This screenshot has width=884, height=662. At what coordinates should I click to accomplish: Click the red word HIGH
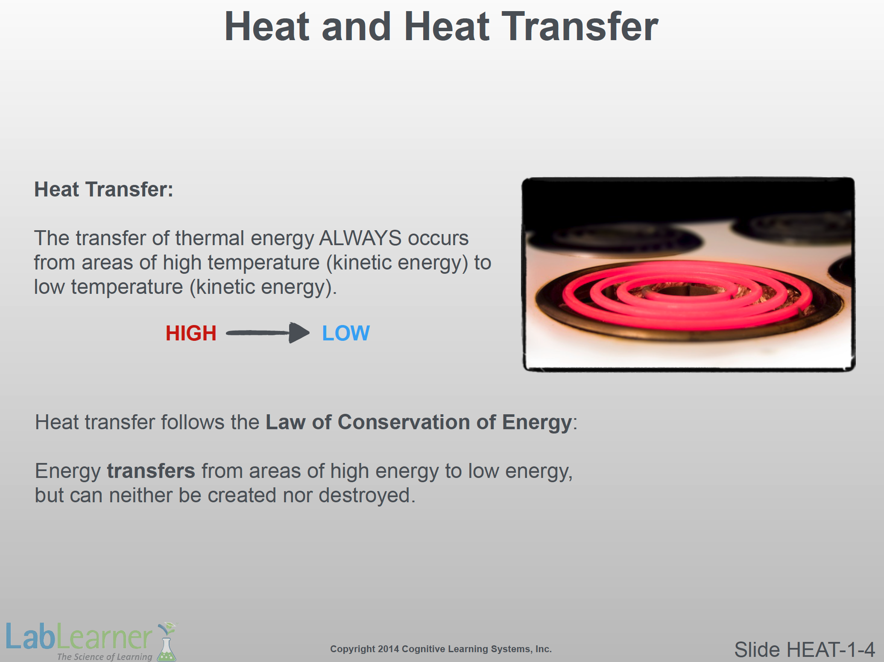pos(191,333)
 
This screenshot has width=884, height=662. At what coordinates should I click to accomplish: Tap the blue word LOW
pos(345,333)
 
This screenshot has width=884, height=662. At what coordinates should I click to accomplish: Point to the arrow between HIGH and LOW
pos(268,333)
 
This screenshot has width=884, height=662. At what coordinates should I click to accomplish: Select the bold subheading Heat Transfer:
pos(104,189)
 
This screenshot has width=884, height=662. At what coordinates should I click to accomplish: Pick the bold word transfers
pos(151,471)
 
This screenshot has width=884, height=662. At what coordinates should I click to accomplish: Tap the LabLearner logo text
pos(79,636)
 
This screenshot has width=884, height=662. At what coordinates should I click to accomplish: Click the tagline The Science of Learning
pos(105,656)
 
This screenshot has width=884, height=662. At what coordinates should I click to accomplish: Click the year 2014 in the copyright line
pos(388,649)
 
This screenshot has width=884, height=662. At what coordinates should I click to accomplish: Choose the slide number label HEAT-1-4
pos(831,650)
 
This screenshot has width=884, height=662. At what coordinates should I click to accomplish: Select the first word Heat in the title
pos(266,26)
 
